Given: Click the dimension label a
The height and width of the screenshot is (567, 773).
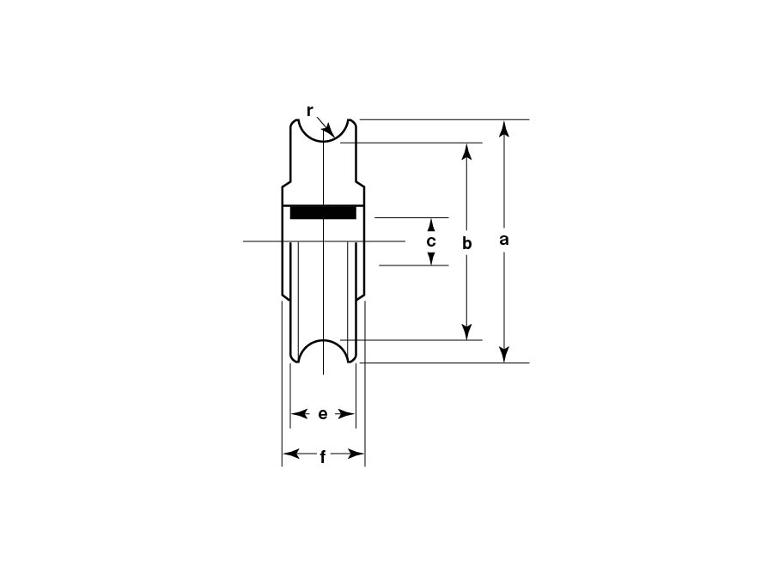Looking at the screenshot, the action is click(x=503, y=240).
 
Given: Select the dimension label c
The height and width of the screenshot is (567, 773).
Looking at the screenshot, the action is click(x=431, y=241).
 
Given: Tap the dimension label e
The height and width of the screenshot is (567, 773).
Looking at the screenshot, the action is click(x=322, y=414).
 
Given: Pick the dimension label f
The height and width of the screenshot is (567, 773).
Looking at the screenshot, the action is click(x=323, y=458).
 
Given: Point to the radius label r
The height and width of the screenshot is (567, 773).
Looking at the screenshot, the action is click(x=309, y=112).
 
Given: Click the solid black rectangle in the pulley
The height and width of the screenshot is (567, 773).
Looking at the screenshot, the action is click(x=323, y=211).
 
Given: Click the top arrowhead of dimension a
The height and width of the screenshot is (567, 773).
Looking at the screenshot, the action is click(x=503, y=128).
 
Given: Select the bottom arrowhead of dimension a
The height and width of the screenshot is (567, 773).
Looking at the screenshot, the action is click(x=503, y=355).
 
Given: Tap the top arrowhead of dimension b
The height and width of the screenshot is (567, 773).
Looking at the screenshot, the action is click(x=467, y=151).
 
